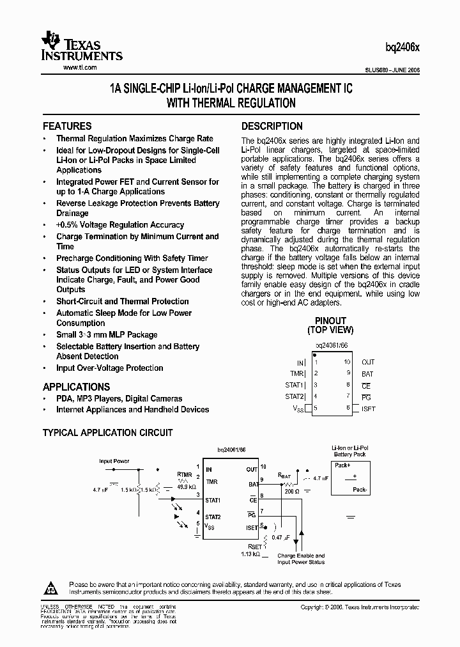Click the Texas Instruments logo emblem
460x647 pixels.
click(52, 41)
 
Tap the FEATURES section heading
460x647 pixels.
click(67, 126)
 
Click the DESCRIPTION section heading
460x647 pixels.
click(272, 126)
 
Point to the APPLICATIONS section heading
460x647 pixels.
click(76, 387)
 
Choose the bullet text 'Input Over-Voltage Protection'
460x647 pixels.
click(109, 368)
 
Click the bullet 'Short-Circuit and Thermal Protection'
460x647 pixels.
click(122, 301)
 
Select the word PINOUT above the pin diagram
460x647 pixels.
click(330, 321)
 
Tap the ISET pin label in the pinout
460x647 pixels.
click(367, 408)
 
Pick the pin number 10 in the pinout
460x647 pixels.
click(347, 362)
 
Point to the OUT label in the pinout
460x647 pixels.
click(368, 362)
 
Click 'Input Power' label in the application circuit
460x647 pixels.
click(114, 460)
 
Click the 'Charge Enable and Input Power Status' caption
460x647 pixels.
click(301, 559)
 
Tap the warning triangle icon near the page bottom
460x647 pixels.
click(52, 587)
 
